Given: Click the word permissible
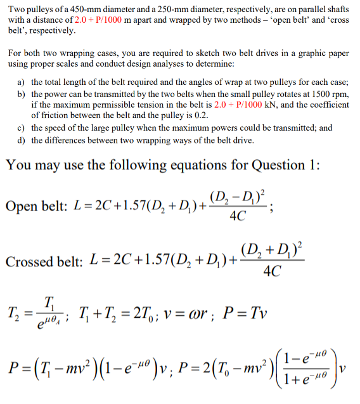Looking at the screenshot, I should (120, 105).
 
